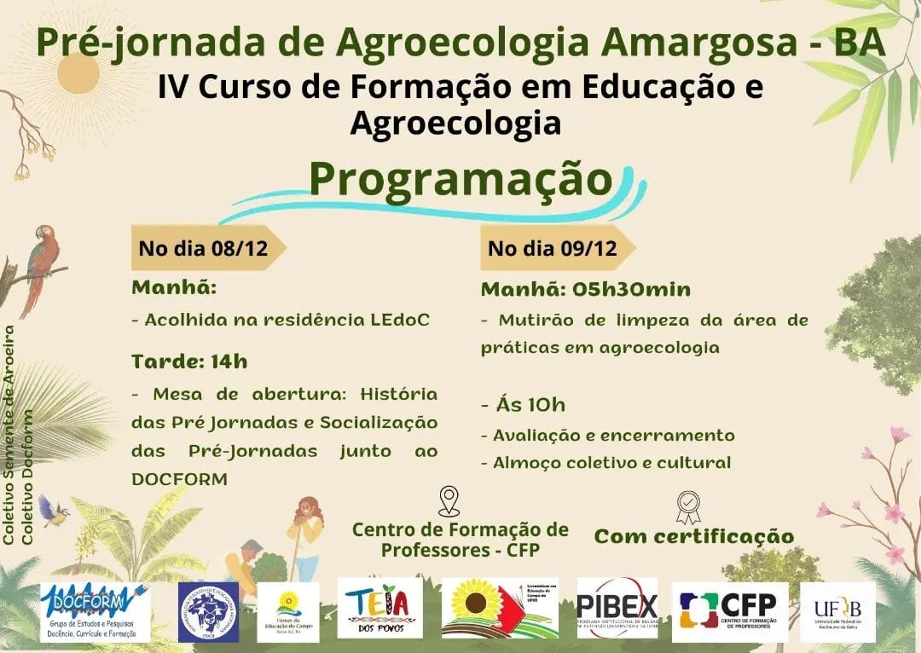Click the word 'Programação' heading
(460, 178)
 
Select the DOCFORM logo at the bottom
(95, 611)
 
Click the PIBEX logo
(617, 608)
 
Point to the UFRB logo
(837, 611)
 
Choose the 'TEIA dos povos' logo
(379, 607)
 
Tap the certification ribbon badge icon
(688, 506)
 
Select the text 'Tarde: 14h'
(189, 361)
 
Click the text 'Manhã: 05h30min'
(585, 289)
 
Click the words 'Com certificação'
(693, 536)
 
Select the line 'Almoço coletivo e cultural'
(605, 463)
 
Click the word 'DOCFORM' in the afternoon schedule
(180, 479)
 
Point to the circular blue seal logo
(209, 611)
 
